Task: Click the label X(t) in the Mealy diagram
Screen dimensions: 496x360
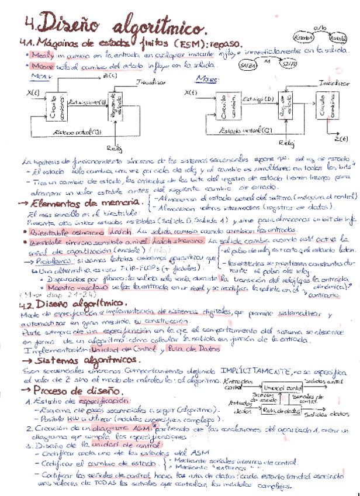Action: click(x=33, y=93)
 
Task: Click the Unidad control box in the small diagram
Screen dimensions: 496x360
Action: click(x=282, y=388)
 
